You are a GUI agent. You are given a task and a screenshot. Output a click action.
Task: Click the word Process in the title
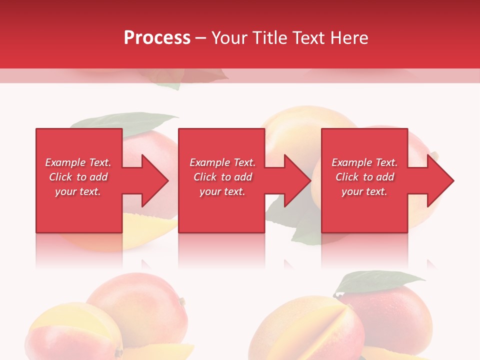tap(157, 38)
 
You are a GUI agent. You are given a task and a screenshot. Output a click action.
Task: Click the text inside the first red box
tap(78, 177)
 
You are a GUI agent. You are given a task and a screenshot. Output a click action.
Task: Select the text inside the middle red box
tap(222, 177)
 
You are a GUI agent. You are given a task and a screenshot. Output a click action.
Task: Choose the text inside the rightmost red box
tap(364, 177)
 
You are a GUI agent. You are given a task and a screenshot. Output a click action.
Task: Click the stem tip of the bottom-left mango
tap(182, 301)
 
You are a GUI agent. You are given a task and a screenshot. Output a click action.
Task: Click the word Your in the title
tap(228, 38)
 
